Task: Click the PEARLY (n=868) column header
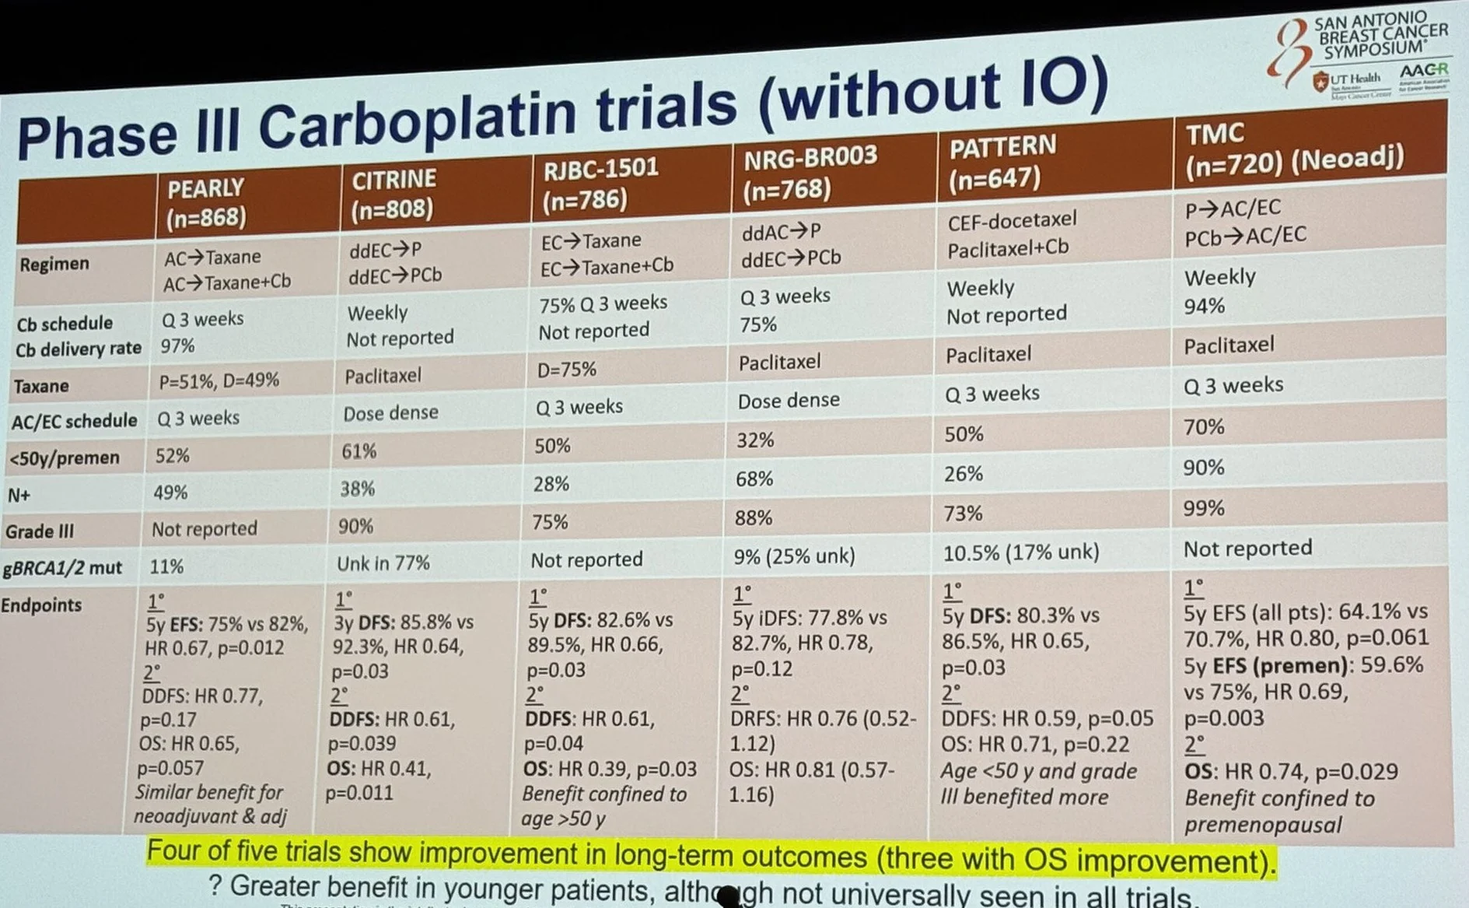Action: pos(206,202)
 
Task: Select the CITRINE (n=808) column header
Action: pos(393,194)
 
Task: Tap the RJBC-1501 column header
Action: pos(600,184)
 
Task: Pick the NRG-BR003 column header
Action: pos(810,173)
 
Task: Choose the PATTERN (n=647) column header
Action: pos(1002,161)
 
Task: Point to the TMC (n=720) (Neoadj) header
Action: pos(1294,148)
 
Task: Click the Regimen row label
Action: pos(54,264)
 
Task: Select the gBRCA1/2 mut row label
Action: pos(62,568)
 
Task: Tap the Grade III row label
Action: pos(40,531)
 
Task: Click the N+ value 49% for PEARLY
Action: pos(170,492)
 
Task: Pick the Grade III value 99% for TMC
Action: pos(1204,508)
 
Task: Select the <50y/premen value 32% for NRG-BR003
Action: pos(755,440)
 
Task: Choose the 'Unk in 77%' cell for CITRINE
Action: pos(383,563)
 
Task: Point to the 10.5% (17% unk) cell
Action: pos(1020,552)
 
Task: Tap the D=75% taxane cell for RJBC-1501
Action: pos(567,369)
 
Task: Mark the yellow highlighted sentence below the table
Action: pos(711,856)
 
